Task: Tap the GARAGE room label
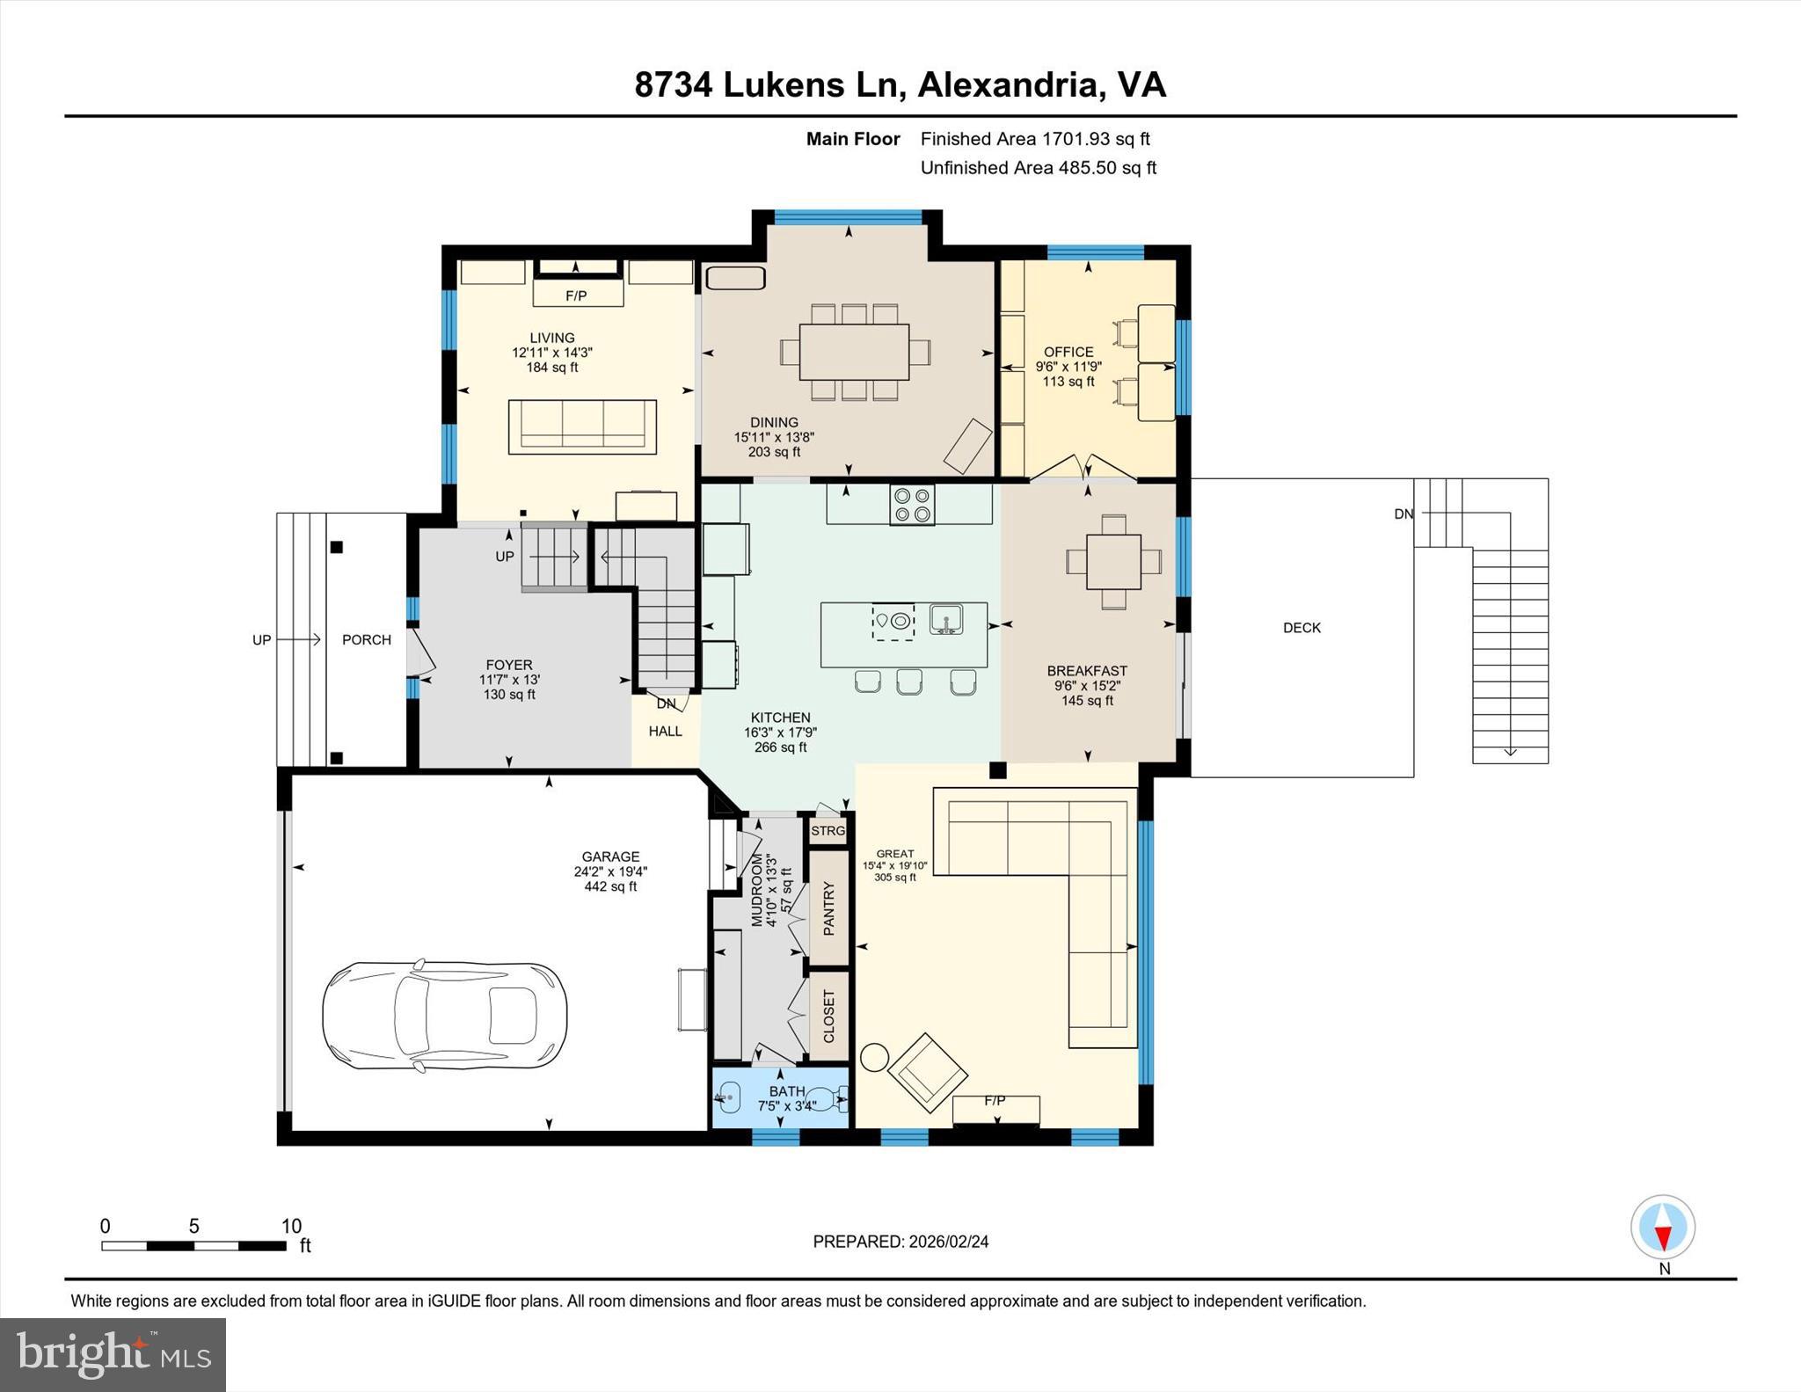pos(610,856)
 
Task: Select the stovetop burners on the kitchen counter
pos(911,506)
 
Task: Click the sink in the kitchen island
pos(946,619)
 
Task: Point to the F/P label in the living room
pos(576,296)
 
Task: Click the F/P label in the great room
pos(995,1101)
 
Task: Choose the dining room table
pos(854,352)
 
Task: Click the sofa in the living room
pos(582,426)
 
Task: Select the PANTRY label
pos(828,908)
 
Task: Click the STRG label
pos(828,831)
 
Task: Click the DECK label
pos(1302,628)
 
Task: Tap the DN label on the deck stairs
pos(1404,514)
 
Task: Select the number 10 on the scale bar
pos(291,1226)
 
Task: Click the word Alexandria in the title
pos(1008,85)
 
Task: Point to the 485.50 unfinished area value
pos(1086,168)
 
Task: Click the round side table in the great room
pos(875,1056)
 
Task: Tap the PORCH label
pos(367,640)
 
